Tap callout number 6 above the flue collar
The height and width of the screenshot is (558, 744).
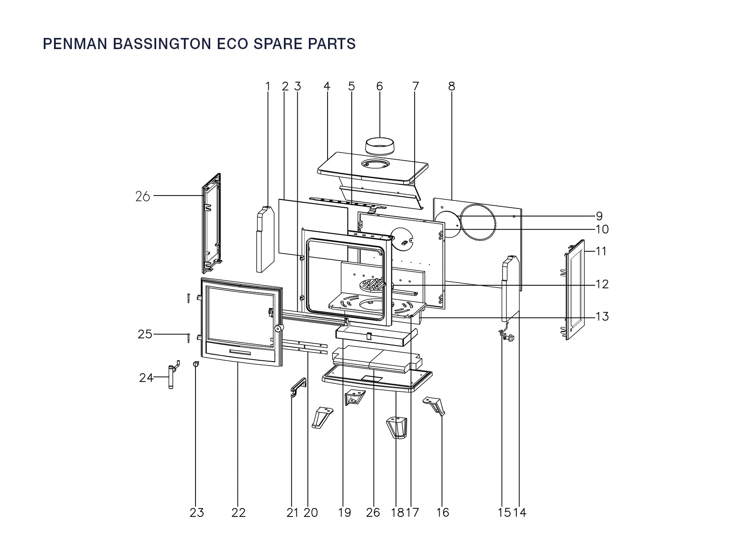click(380, 86)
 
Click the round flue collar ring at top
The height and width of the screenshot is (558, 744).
click(380, 145)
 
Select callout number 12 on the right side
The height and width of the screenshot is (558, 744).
click(602, 284)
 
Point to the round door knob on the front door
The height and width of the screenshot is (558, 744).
click(280, 329)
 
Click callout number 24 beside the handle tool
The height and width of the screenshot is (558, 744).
click(146, 378)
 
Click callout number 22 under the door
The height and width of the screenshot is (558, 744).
click(239, 513)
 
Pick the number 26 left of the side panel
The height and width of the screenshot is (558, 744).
click(142, 196)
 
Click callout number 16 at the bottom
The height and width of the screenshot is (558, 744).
click(443, 513)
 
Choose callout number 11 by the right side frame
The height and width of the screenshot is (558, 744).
click(601, 251)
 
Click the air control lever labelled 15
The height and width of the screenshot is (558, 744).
click(507, 336)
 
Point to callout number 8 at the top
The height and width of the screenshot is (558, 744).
click(452, 86)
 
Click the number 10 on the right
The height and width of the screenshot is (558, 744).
click(602, 229)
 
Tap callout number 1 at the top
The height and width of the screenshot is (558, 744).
click(268, 86)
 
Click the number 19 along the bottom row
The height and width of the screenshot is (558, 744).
click(345, 513)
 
